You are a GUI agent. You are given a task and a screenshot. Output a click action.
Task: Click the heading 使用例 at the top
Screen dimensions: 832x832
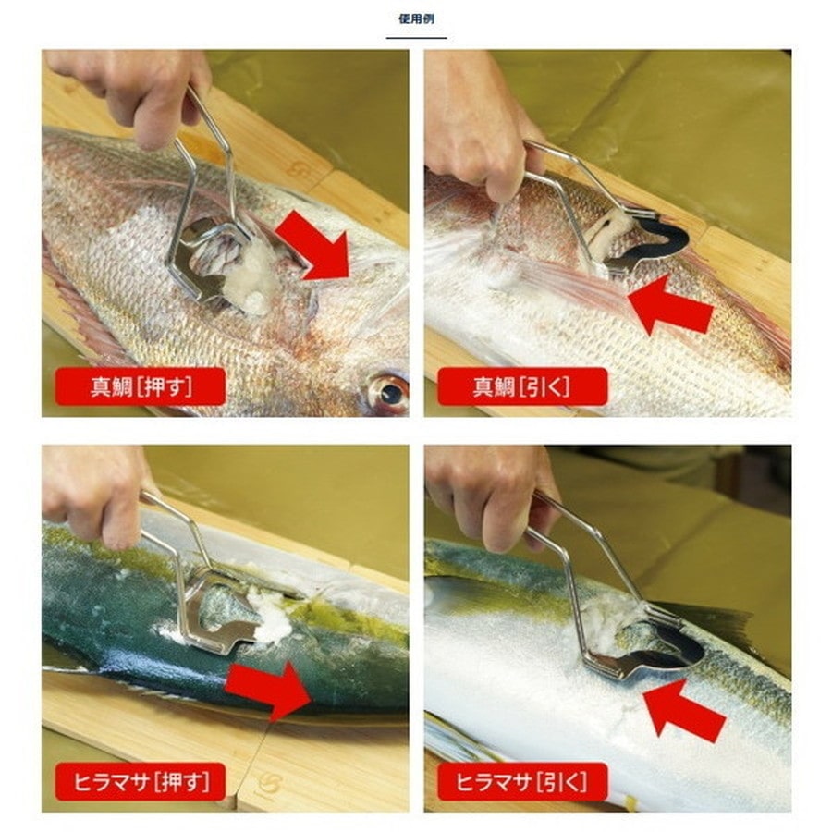click(417, 19)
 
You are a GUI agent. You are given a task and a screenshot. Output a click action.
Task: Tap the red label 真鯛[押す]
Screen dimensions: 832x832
click(141, 386)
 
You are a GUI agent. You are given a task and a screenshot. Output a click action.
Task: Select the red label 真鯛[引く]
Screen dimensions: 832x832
click(522, 386)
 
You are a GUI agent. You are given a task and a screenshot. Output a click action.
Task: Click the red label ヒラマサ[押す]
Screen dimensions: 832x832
click(141, 781)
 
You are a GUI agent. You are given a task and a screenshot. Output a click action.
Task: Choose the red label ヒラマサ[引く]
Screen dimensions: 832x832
click(522, 781)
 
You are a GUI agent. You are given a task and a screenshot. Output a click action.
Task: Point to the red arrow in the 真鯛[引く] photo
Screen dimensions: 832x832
click(669, 306)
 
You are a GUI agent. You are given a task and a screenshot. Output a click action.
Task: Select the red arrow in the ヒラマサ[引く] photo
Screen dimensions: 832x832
click(683, 708)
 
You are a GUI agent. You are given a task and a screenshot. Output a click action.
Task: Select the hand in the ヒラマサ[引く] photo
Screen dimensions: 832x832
click(491, 496)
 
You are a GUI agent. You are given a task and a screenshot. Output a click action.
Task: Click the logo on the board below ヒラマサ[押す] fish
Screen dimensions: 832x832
click(268, 784)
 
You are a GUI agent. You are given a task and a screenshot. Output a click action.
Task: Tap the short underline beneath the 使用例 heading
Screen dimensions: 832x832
click(417, 38)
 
